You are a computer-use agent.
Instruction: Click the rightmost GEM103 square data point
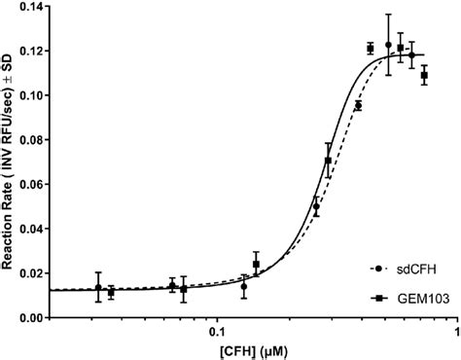424,75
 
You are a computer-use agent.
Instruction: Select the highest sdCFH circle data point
389,46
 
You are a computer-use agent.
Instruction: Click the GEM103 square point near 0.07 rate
328,161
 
